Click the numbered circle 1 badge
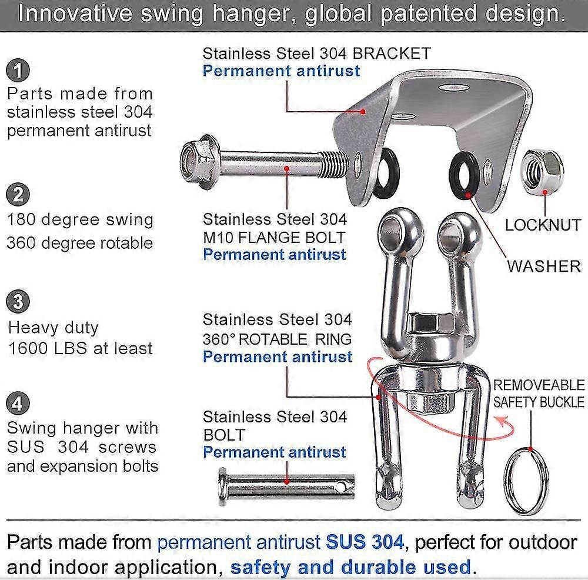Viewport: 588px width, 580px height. pyautogui.click(x=18, y=71)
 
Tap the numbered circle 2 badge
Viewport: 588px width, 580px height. pyautogui.click(x=18, y=195)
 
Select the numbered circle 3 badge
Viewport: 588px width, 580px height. pyautogui.click(x=18, y=302)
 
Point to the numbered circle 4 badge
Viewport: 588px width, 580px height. pyautogui.click(x=18, y=404)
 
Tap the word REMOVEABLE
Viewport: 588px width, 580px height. pyautogui.click(x=539, y=386)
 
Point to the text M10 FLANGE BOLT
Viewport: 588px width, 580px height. pyautogui.click(x=274, y=238)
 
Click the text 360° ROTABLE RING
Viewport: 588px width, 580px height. pyautogui.click(x=277, y=338)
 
